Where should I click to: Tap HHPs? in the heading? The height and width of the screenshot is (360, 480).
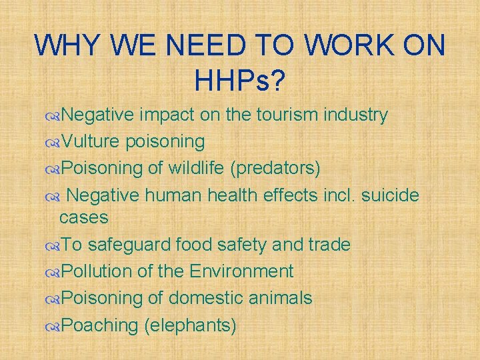[240, 81]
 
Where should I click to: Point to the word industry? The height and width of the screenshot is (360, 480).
[355, 115]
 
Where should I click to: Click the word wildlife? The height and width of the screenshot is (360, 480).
[194, 167]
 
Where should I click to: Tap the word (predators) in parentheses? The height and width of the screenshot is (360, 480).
[275, 168]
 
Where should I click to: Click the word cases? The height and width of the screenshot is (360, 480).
[84, 218]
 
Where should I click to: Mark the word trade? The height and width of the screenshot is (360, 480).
[329, 245]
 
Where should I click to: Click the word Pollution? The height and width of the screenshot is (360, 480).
[99, 271]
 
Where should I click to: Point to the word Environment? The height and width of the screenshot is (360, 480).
[241, 271]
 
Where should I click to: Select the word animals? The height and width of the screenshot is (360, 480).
[282, 298]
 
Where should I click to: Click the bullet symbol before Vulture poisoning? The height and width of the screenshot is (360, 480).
[53, 142]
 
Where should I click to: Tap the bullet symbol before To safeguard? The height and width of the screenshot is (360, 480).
[53, 245]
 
